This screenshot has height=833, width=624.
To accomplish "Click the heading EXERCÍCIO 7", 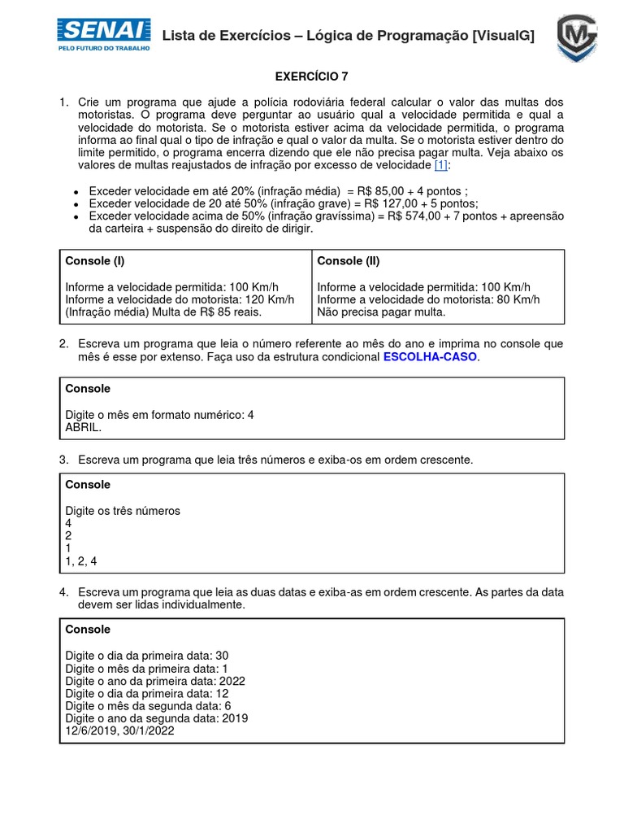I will coord(311,77).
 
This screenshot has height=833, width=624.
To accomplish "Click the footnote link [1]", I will coord(441,165).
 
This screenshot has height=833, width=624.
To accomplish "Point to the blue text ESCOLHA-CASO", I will coord(431,357).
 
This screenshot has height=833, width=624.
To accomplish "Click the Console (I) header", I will coord(95,261).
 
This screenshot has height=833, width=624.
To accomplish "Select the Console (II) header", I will coord(348,261).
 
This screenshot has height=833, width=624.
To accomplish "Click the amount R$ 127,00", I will coord(383,203).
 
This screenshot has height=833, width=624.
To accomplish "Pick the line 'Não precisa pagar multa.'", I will coord(381,312).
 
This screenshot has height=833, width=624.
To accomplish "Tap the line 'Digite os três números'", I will coord(122,511).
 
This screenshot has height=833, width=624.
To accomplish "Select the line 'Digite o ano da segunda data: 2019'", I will coord(156,718).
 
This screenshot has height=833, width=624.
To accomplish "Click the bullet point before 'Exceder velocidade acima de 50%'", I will coord(76,217).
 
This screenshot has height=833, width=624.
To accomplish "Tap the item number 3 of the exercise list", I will coord(63,460).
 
